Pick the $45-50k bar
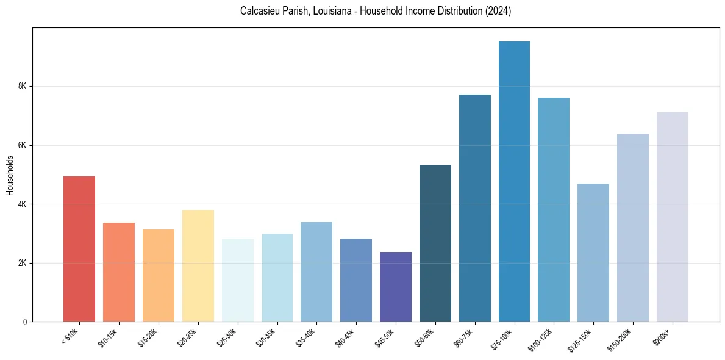tap(395, 287)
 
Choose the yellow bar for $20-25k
tap(198, 266)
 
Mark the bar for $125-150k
tap(593, 253)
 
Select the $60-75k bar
tap(474, 208)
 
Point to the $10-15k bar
tap(119, 272)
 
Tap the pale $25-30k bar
tap(237, 280)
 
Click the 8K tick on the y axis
tap(23, 87)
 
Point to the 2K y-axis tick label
tap(23, 263)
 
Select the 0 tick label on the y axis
tap(25, 322)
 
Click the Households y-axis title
tap(10, 175)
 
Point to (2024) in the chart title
tap(499, 12)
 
